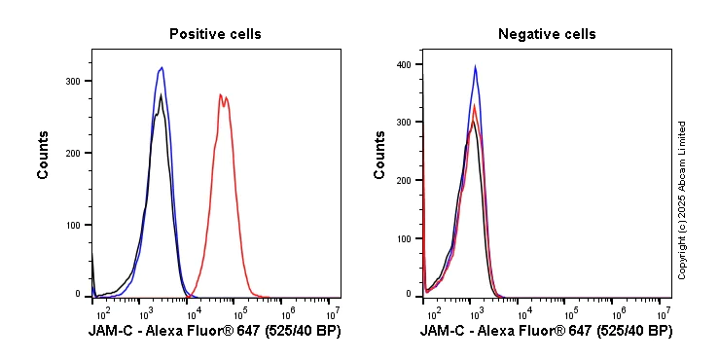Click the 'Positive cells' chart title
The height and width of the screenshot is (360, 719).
(215, 34)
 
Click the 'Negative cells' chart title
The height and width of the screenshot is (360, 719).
(547, 34)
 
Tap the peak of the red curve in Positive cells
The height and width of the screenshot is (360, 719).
(221, 94)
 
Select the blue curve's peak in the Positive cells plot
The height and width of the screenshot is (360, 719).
(162, 67)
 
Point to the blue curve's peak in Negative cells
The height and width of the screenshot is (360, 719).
(475, 66)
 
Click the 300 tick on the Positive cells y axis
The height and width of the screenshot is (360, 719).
(73, 82)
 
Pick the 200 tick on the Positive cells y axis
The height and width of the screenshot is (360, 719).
(73, 153)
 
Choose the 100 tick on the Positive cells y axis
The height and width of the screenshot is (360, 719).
(73, 225)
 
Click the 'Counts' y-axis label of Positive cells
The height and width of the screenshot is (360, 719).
(44, 154)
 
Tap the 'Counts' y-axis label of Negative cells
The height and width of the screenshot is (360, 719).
(379, 154)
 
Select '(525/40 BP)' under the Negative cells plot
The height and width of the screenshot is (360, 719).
(632, 332)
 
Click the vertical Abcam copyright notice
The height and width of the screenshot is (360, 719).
(682, 199)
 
